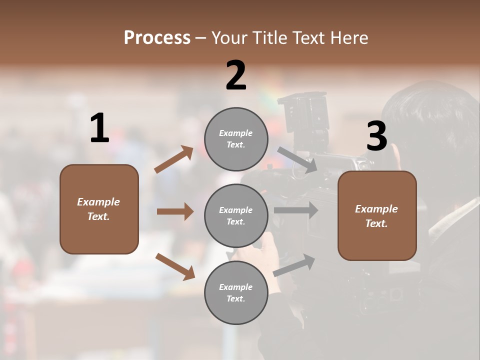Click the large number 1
(99, 128)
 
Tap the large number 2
(236, 75)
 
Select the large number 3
(376, 136)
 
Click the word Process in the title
(157, 37)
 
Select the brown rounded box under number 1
(99, 209)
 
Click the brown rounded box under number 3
(377, 215)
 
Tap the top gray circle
(236, 139)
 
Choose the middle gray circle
(236, 215)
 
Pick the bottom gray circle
(236, 292)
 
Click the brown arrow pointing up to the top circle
(174, 159)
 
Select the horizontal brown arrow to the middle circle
(175, 211)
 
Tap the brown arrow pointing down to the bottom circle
(175, 266)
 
